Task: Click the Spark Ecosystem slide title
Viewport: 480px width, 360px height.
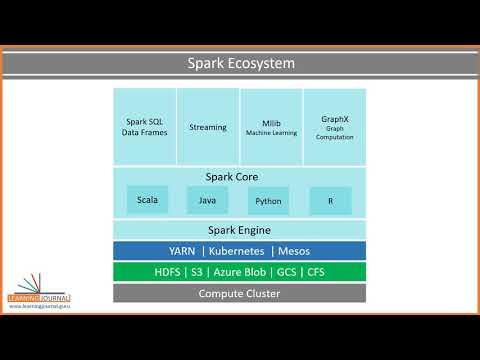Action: (x=240, y=64)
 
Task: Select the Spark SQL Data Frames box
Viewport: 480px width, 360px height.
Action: (x=145, y=127)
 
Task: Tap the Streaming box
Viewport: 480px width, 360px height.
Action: (x=208, y=127)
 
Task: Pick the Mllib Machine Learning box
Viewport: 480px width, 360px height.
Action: (x=272, y=127)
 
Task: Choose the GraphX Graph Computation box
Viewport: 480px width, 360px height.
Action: (x=335, y=127)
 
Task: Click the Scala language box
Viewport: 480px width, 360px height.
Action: (x=148, y=200)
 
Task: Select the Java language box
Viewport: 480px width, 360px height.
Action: (x=208, y=200)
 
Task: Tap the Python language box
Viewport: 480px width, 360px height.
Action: (x=268, y=200)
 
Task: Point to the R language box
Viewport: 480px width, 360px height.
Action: (x=330, y=200)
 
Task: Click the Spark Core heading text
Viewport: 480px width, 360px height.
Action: (x=239, y=177)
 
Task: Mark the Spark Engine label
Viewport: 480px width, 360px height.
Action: (x=239, y=229)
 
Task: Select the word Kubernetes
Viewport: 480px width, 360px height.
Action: (x=239, y=250)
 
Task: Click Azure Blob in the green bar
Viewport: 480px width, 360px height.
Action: (x=236, y=272)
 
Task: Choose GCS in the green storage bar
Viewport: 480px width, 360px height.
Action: (x=285, y=272)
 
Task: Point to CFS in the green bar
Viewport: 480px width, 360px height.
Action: (x=318, y=272)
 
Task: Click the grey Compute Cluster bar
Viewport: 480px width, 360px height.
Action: (x=239, y=293)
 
